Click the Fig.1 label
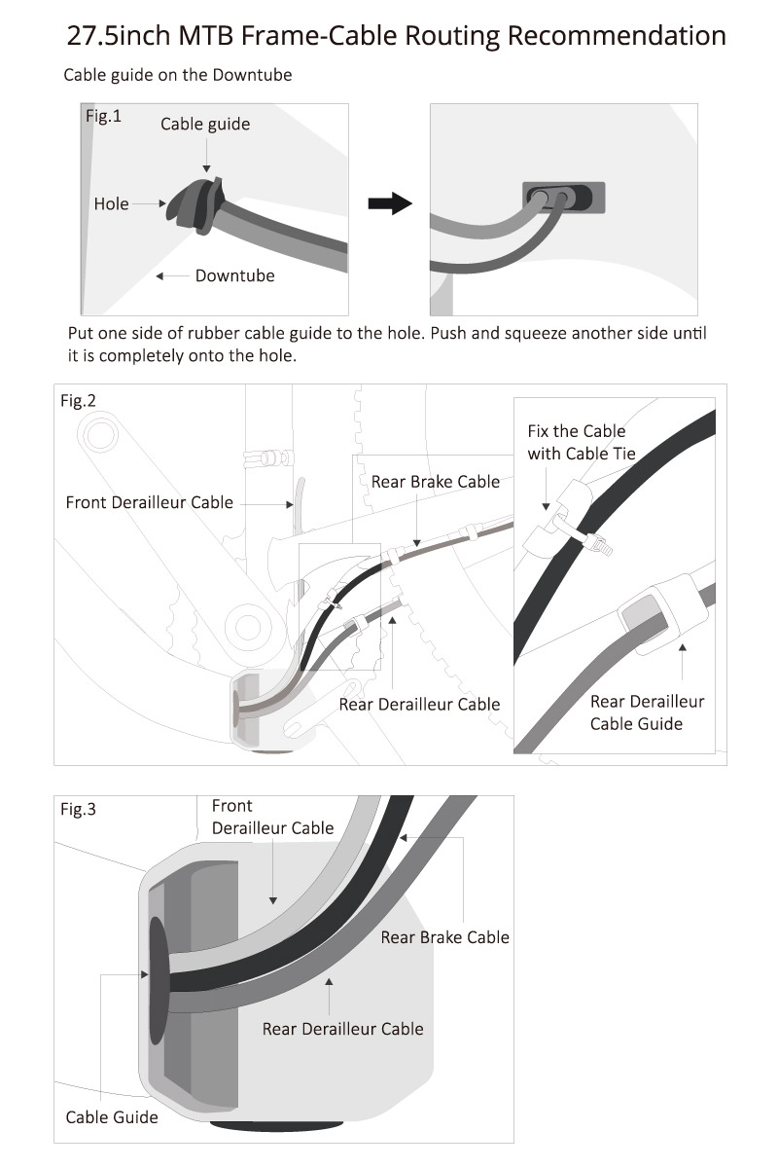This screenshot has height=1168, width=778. [103, 117]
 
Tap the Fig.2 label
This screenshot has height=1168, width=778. [78, 401]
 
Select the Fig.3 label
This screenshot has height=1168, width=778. [78, 809]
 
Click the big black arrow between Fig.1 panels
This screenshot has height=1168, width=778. [390, 203]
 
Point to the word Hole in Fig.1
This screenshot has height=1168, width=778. [111, 203]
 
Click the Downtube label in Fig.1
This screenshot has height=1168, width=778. [234, 275]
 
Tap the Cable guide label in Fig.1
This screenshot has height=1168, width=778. [205, 124]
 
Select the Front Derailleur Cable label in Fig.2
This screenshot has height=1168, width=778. [149, 502]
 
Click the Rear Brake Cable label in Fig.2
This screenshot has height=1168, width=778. [435, 481]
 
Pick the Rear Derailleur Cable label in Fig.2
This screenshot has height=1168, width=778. [419, 704]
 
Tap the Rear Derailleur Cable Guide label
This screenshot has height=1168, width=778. [648, 712]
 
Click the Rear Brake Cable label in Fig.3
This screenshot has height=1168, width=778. [444, 937]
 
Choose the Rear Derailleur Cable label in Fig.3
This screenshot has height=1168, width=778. [342, 1028]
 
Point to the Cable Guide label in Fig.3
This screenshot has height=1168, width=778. [111, 1116]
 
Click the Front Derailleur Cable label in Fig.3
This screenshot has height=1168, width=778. [272, 817]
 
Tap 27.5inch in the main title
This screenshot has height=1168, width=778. [119, 36]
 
